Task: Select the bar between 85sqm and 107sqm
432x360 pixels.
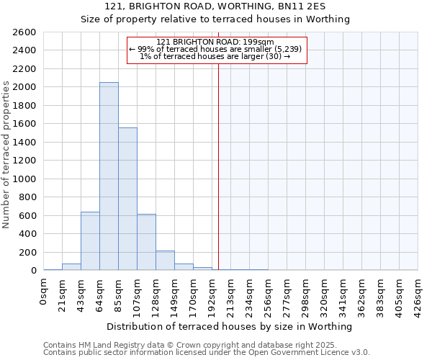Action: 127,199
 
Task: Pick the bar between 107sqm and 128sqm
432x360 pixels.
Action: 146,242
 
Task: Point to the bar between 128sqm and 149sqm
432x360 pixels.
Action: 165,261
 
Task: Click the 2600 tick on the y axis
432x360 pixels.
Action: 24,32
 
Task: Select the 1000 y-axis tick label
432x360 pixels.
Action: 24,179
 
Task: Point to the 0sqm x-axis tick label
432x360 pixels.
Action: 44,292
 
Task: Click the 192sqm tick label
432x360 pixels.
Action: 212,295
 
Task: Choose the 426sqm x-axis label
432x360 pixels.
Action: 418,295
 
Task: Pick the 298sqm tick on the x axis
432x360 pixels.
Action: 306,295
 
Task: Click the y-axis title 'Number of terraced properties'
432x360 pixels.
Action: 6,155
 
